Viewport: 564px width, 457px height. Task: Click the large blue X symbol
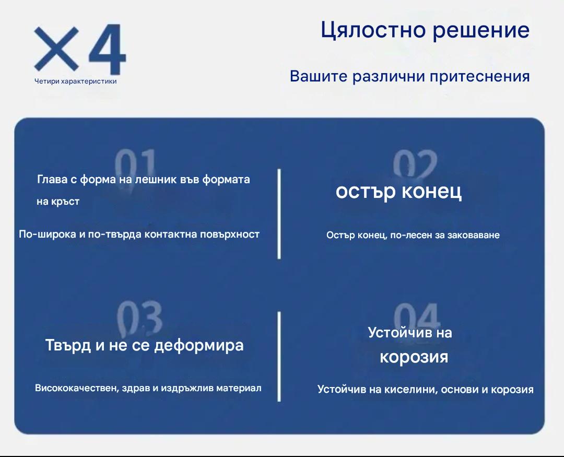coord(56,49)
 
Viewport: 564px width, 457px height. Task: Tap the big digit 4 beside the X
coord(107,49)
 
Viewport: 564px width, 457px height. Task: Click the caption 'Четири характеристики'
coord(76,81)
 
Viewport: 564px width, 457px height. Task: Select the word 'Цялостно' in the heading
coord(373,30)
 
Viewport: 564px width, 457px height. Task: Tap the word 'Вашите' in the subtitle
coord(319,76)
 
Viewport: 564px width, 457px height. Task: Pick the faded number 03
coord(139,317)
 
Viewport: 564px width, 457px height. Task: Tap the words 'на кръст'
coord(58,202)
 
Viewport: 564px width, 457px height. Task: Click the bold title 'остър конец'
coord(398,191)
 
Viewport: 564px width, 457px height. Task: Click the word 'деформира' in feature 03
coord(199,346)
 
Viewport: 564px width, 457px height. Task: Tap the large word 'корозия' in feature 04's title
coord(414,357)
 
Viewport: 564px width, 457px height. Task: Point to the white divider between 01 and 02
coord(279,214)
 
